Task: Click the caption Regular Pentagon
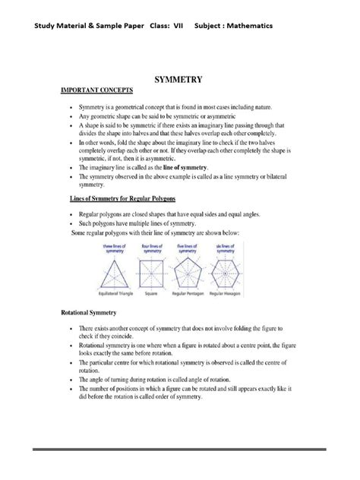(x=198, y=294)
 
